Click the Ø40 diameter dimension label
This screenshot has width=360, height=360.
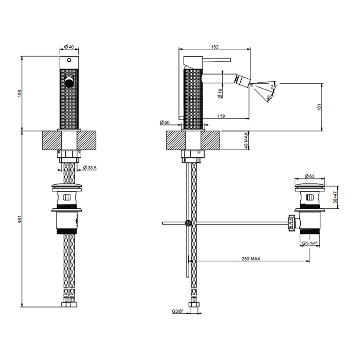[69, 47]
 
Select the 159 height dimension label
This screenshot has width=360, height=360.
[20, 93]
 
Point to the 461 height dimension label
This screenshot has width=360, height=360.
[20, 219]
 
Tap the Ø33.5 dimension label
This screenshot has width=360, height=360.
[90, 168]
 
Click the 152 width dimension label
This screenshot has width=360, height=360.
[214, 47]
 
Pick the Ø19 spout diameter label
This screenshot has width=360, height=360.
[220, 94]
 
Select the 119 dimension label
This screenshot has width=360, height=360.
[221, 116]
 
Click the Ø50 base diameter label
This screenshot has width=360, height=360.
[165, 122]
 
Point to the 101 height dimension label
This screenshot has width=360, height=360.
[319, 107]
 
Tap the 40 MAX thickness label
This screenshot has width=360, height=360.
[246, 140]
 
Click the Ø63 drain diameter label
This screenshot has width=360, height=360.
[310, 176]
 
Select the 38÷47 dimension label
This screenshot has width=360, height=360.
[335, 197]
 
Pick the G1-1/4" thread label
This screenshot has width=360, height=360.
[310, 243]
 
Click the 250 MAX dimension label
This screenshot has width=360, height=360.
[251, 259]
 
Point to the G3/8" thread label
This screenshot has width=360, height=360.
[178, 311]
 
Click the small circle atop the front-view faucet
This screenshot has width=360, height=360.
[69, 60]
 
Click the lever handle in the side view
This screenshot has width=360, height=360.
[216, 60]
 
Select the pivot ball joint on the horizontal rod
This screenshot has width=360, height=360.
[188, 223]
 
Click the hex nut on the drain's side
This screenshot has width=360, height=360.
[291, 223]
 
